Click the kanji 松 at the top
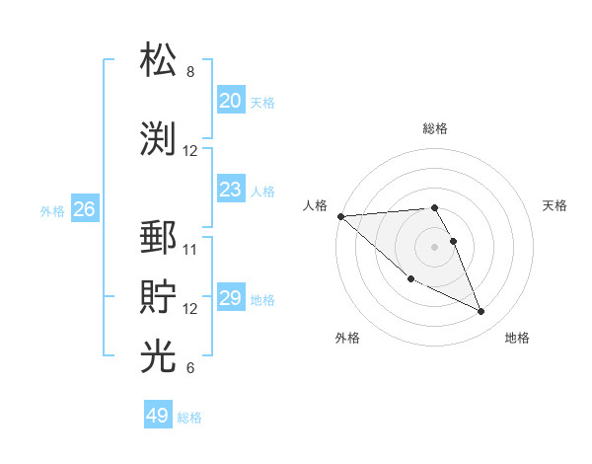pos(159,60)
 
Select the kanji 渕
pos(159,138)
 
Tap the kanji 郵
pos(159,239)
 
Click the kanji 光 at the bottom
pos(159,356)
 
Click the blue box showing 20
pos(230,101)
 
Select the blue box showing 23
pos(230,190)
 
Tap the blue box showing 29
pos(230,298)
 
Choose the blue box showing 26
pos(84,209)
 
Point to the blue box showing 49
pos(158,416)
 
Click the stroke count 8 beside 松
pos(190,72)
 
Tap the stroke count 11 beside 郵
pos(190,249)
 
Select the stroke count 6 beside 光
pos(190,368)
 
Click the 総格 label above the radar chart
pos(435,128)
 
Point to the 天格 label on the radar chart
pos(555,205)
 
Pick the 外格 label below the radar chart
pos(347,338)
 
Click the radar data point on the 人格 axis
pos(340,216)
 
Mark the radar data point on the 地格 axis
pos(481,312)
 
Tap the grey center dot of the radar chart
pos(435,246)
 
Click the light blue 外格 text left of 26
pos(52,210)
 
